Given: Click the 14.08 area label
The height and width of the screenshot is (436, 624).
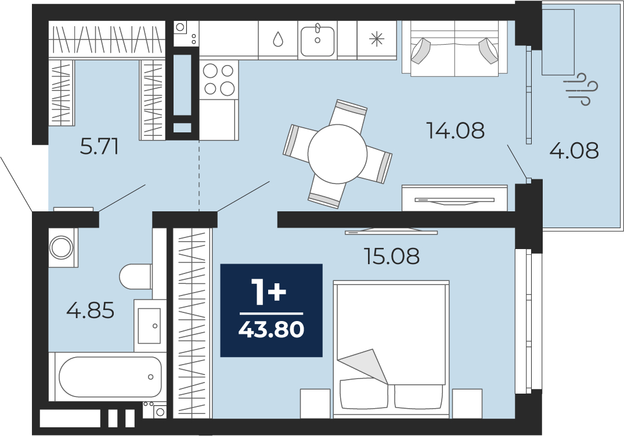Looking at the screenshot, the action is [x=455, y=130].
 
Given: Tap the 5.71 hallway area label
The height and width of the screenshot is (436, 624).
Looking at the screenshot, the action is [x=99, y=147].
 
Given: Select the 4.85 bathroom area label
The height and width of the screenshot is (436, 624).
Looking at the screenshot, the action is [x=91, y=310].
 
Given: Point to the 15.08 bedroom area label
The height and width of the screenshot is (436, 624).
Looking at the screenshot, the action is [x=392, y=256].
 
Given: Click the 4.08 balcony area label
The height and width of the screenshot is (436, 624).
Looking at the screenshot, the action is [x=574, y=150].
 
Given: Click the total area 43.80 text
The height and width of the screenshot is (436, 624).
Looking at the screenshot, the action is [x=272, y=330].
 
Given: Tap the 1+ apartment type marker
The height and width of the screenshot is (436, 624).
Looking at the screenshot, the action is [x=268, y=293].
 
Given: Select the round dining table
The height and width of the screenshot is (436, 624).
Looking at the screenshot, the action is [x=337, y=154].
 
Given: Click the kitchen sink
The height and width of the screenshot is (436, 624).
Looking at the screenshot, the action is [x=318, y=40].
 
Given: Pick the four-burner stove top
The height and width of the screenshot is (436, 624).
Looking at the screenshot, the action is [x=218, y=80].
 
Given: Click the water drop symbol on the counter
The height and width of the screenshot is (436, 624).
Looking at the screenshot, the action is [x=277, y=39].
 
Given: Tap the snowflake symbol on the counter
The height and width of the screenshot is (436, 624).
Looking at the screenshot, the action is [x=377, y=39].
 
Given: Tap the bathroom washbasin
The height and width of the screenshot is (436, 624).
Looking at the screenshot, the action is [x=150, y=326].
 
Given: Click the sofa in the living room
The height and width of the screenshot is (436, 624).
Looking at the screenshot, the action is [x=455, y=48].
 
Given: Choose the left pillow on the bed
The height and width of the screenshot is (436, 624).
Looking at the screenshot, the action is [x=363, y=394].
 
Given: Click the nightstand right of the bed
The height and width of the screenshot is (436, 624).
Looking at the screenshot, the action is [x=467, y=403].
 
